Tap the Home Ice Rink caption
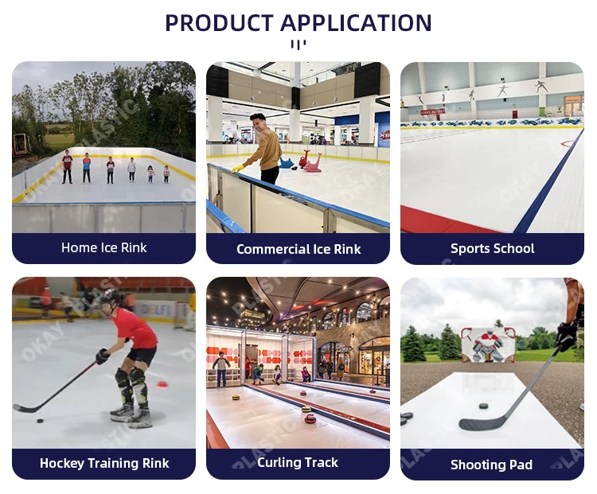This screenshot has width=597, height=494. click(x=103, y=247)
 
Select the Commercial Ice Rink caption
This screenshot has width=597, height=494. click(x=298, y=249)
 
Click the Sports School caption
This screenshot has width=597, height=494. click(x=492, y=248)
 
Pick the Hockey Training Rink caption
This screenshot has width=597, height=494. click(x=103, y=463)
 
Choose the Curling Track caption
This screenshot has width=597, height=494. click(x=298, y=462)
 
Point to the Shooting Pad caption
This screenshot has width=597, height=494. click(x=491, y=465)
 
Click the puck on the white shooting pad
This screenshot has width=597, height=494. click(x=482, y=406)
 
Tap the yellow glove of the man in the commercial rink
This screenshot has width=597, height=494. click(x=238, y=169)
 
